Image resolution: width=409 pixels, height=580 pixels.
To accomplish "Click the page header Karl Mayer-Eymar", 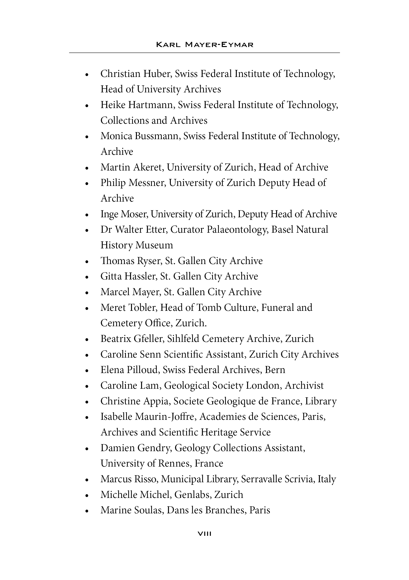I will pyautogui.click(x=204, y=45).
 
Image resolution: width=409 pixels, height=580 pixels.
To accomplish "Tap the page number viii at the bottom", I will pyautogui.click(x=204, y=534).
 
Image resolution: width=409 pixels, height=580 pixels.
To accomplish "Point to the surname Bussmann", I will pyautogui.click(x=157, y=136).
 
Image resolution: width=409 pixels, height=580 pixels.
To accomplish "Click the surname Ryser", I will pyautogui.click(x=149, y=261).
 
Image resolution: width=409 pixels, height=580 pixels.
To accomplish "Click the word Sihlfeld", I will pyautogui.click(x=183, y=338).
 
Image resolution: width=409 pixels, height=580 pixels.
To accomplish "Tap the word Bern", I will pyautogui.click(x=275, y=370).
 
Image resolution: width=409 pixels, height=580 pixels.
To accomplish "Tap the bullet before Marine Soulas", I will pyautogui.click(x=87, y=511).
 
